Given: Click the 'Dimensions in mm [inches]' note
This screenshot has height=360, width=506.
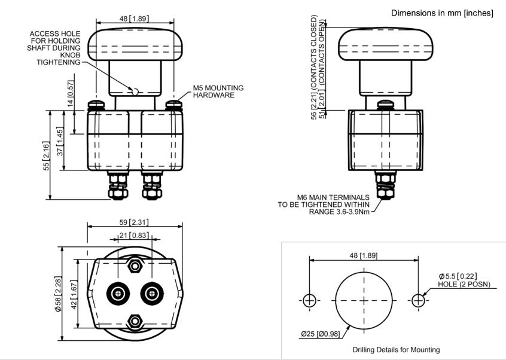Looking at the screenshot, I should click(x=441, y=13).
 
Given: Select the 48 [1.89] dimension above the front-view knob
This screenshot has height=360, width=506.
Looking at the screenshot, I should click(x=133, y=19).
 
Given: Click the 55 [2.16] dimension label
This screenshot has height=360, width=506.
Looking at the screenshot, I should click(x=47, y=155).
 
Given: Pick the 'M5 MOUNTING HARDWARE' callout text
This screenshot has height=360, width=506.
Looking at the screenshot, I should click(x=218, y=91).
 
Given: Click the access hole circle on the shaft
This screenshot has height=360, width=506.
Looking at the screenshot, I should click(x=135, y=91).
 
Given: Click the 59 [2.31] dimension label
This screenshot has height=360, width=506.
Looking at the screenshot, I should click(x=135, y=222).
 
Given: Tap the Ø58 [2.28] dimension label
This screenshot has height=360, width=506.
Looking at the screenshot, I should click(x=59, y=294).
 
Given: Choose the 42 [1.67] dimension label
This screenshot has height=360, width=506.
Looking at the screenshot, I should click(x=74, y=294).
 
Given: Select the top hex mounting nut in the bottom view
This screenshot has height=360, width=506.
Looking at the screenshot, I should click(x=136, y=266).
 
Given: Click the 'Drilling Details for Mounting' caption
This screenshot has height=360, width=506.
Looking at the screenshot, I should click(x=396, y=349).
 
